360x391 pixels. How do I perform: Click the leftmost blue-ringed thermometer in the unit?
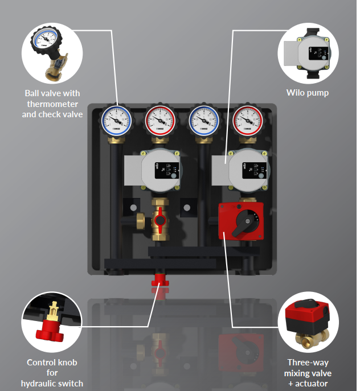(116, 121)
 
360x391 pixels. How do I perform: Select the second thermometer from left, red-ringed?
(160, 121)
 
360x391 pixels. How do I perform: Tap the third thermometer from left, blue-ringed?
(204, 121)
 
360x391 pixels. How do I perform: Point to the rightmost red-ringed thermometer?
(248, 121)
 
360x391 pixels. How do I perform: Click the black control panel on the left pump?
(167, 171)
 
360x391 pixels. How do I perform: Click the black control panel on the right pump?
(255, 171)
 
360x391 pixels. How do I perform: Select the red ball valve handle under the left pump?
(159, 219)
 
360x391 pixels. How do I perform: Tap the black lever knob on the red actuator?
(245, 223)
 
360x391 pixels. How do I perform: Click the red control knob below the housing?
(160, 280)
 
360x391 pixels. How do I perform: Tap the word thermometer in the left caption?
(52, 104)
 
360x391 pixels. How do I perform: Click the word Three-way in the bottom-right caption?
(308, 363)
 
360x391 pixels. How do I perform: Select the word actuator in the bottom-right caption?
(312, 383)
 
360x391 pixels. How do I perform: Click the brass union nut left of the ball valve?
(141, 221)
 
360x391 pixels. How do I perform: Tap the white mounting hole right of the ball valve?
(187, 208)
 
